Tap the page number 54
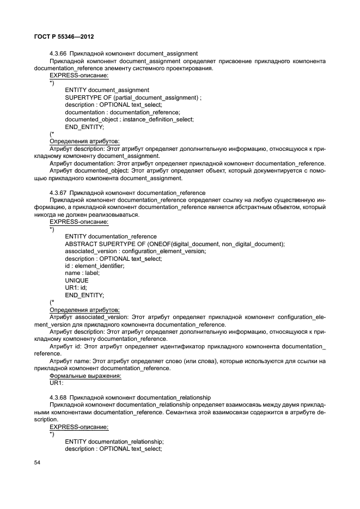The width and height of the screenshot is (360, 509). [38, 463]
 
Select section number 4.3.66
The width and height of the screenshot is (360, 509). [58, 53]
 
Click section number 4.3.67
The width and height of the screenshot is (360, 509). [58, 193]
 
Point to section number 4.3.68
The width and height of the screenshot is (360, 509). [58, 397]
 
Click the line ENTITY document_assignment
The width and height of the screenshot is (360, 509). [107, 89]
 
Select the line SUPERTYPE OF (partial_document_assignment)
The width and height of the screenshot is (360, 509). [132, 97]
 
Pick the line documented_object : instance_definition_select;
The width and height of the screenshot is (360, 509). [129, 119]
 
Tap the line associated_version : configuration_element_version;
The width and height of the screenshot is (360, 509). [135, 251]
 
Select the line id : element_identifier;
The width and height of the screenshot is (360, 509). [94, 266]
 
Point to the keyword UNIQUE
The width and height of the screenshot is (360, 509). [76, 280]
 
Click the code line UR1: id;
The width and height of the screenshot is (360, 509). [76, 287]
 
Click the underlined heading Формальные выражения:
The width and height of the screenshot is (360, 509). [86, 376]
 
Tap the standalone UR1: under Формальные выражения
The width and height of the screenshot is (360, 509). [57, 383]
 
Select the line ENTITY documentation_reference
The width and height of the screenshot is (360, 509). [111, 236]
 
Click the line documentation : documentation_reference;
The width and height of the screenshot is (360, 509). [122, 112]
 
